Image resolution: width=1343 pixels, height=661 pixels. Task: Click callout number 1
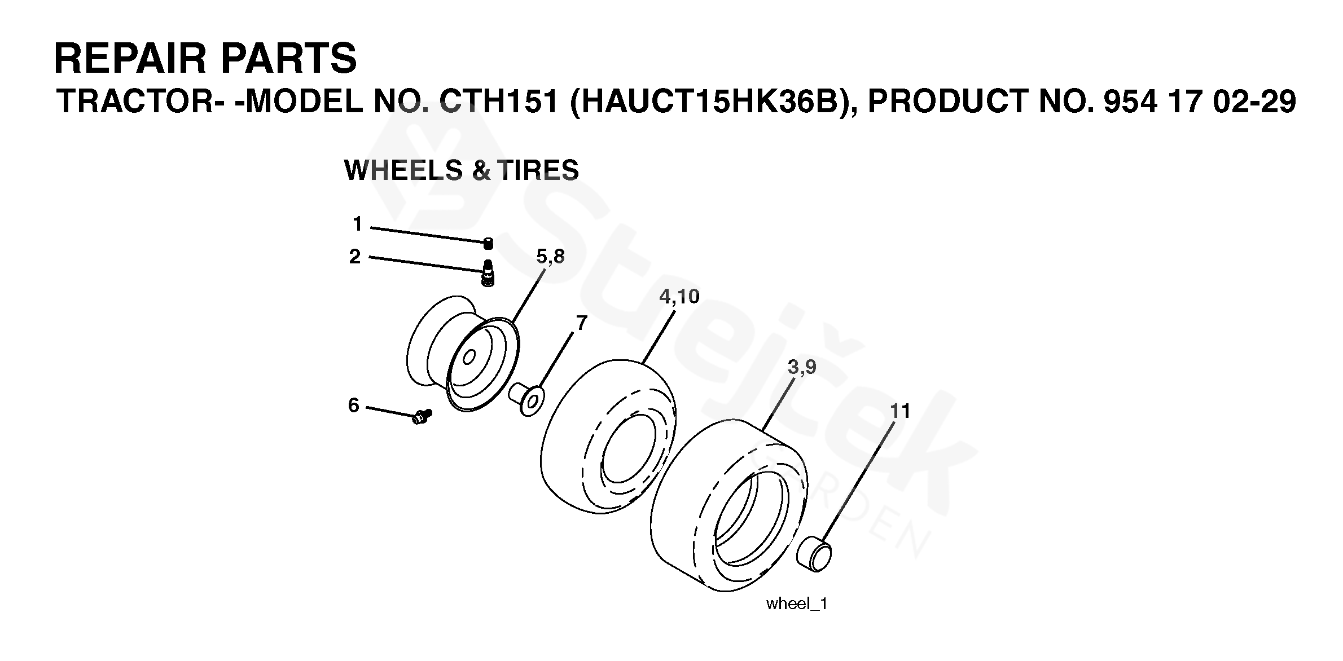point(357,224)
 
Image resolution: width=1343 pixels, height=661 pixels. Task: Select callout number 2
point(355,257)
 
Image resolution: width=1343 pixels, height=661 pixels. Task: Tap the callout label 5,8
point(550,257)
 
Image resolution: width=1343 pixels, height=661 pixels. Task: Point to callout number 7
point(581,323)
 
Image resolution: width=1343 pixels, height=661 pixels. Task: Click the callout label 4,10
point(679,297)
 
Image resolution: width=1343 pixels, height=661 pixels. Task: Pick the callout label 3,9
point(802,368)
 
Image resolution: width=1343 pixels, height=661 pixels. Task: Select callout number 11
point(900,411)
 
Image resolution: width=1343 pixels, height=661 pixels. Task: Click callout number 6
point(354,405)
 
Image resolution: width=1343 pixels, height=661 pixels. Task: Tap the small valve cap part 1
point(489,244)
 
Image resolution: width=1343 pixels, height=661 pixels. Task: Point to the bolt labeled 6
point(422,417)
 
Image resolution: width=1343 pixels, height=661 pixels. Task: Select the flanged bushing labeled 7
point(526,399)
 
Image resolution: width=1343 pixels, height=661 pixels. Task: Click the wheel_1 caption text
point(796,603)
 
